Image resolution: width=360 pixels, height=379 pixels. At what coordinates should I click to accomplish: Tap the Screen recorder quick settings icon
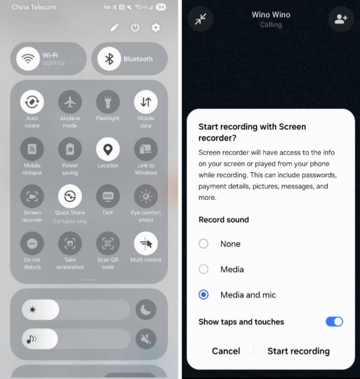[x=32, y=196]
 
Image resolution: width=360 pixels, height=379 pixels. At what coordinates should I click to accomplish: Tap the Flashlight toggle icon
[x=107, y=102]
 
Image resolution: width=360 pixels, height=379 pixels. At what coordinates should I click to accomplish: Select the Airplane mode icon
[x=70, y=102]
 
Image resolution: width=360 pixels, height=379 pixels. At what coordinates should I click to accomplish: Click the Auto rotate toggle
[x=32, y=102]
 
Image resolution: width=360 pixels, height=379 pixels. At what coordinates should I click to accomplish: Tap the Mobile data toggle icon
[x=145, y=102]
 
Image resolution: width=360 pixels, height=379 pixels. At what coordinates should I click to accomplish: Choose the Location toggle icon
[x=107, y=149]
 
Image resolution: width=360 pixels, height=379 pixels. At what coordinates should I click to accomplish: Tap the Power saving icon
[x=70, y=149]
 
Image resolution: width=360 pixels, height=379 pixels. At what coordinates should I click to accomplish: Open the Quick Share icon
[x=70, y=196]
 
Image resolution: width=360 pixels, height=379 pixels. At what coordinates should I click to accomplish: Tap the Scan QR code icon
[x=107, y=243]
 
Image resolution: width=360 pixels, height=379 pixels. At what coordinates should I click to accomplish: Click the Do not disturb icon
[x=32, y=243]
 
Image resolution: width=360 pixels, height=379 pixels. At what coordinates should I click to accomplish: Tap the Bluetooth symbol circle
[x=108, y=59]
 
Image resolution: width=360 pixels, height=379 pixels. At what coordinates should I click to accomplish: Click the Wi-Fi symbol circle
[x=28, y=59]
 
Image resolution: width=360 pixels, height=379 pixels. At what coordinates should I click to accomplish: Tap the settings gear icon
[x=156, y=28]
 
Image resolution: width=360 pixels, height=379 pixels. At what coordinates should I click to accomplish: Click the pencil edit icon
[x=114, y=28]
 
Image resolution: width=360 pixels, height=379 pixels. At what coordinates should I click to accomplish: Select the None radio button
[x=203, y=244]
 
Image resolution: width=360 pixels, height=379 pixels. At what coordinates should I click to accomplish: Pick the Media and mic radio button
[x=203, y=295]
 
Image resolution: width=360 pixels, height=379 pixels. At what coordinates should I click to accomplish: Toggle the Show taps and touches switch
[x=334, y=322]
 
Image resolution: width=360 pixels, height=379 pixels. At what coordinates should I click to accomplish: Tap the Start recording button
[x=298, y=351]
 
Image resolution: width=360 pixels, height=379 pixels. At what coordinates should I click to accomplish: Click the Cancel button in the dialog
[x=226, y=351]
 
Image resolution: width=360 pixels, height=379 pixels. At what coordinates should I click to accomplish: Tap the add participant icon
[x=340, y=19]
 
